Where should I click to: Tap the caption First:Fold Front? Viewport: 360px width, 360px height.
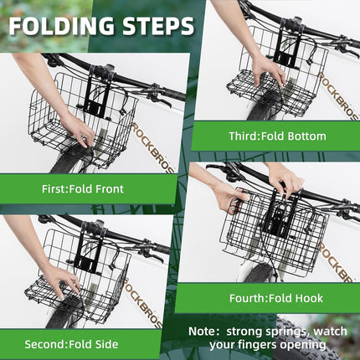82,189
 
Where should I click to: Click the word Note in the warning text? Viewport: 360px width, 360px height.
207,332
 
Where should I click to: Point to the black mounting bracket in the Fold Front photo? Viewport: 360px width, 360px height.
94,96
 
